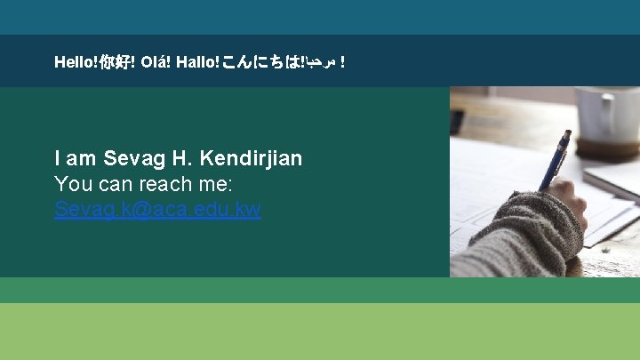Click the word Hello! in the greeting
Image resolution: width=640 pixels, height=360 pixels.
tap(76, 62)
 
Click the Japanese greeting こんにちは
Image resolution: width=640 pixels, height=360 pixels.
tap(260, 62)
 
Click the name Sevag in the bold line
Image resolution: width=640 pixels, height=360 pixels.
tap(134, 159)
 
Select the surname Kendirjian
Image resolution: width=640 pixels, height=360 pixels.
tap(252, 159)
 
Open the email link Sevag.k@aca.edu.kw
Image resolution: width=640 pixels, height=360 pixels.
tap(157, 210)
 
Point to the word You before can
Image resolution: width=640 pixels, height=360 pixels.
tap(73, 185)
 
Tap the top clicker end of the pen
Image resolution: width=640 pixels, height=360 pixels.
tap(567, 134)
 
